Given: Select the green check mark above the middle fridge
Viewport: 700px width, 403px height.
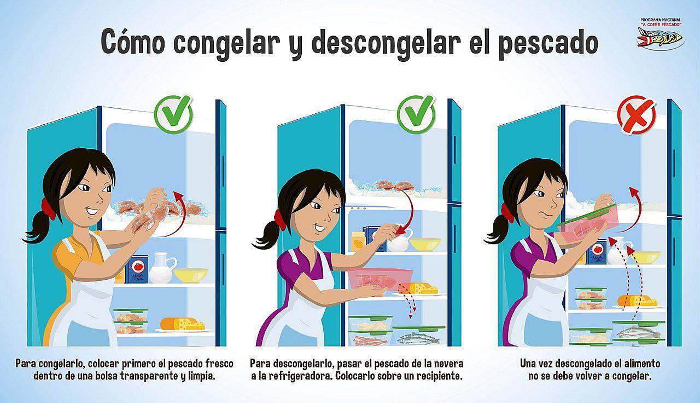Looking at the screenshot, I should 416,114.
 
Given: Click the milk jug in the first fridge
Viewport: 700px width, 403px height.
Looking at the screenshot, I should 160,267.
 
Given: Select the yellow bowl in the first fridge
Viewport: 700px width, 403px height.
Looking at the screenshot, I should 191,274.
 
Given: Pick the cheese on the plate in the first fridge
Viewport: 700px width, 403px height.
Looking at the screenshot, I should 184,324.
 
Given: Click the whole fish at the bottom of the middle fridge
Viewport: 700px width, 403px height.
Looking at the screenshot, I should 418,339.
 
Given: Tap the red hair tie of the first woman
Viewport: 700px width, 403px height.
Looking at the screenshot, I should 48,209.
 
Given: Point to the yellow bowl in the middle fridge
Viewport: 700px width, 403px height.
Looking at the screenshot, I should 425,244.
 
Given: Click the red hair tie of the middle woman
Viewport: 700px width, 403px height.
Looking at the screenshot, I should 280,218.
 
